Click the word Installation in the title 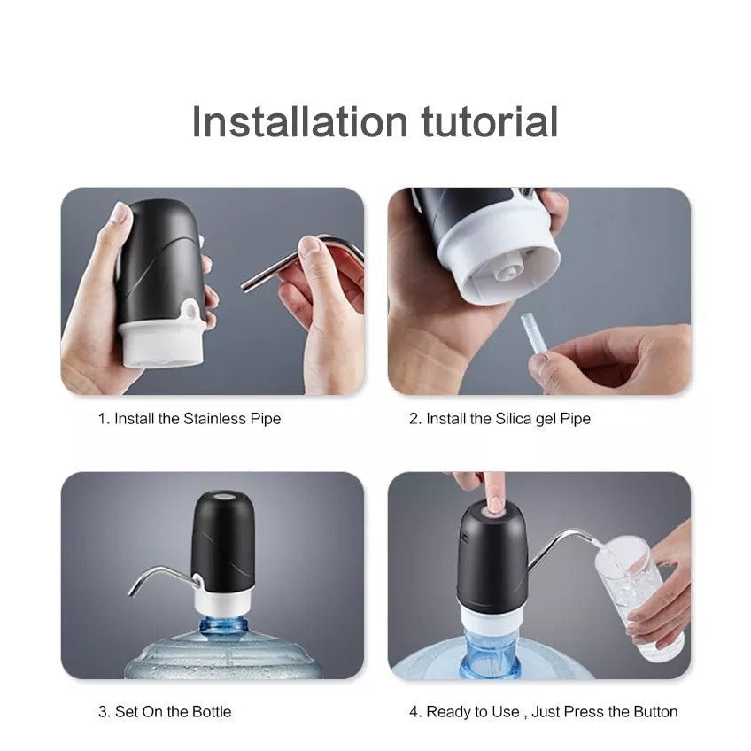click(x=300, y=122)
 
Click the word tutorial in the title click(x=490, y=122)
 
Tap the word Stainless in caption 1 click(x=214, y=419)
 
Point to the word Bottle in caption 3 click(x=211, y=711)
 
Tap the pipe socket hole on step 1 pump click(x=190, y=310)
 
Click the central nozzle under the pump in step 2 click(x=509, y=272)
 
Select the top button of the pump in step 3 click(x=223, y=496)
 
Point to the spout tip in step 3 click(x=131, y=593)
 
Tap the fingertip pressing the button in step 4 click(x=494, y=504)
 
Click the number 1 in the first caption click(x=101, y=419)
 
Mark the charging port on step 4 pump click(x=463, y=537)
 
